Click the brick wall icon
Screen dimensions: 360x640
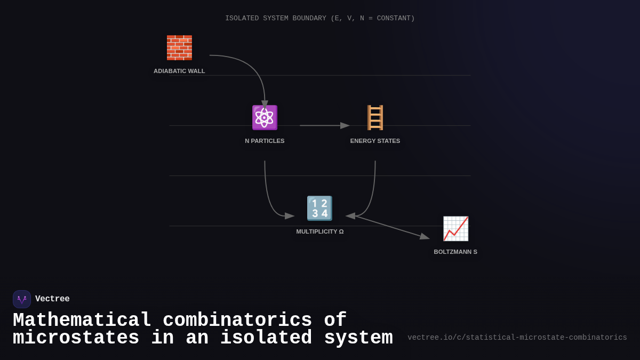point(179,47)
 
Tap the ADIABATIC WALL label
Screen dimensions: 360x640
point(179,71)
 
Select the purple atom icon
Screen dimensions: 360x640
point(265,117)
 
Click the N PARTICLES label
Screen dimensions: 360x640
point(265,141)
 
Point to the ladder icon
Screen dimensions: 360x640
point(375,117)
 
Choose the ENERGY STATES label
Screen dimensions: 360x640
point(375,141)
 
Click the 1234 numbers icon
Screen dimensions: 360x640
point(319,208)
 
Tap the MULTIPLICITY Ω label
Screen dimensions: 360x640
point(319,231)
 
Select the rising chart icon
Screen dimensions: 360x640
point(455,228)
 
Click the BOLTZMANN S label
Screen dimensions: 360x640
point(455,252)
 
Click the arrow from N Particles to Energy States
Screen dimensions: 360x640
point(323,126)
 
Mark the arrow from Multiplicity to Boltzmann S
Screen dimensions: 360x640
point(392,227)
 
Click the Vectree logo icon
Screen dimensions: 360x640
point(22,299)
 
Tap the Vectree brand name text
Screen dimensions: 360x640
point(52,299)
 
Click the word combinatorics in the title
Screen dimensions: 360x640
point(237,321)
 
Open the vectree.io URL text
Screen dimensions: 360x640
point(517,338)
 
